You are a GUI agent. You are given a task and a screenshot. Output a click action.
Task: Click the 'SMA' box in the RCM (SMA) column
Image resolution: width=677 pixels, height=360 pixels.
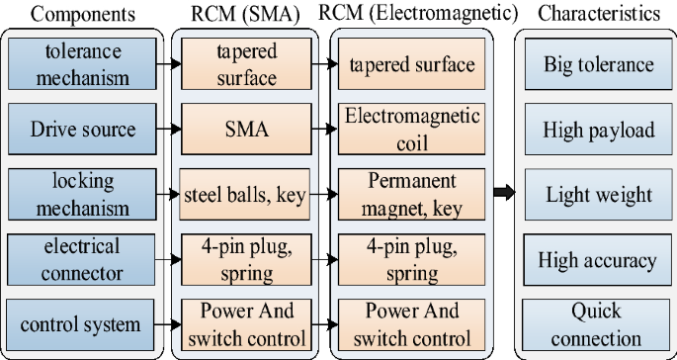pyautogui.click(x=246, y=129)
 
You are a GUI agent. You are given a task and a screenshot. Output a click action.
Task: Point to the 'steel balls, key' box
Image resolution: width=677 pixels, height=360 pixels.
pyautogui.click(x=246, y=194)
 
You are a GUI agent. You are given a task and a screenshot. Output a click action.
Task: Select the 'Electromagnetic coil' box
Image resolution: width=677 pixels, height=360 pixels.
pyautogui.click(x=411, y=129)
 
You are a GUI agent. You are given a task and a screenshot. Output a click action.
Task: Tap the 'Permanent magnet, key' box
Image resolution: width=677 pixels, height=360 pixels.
pyautogui.click(x=411, y=194)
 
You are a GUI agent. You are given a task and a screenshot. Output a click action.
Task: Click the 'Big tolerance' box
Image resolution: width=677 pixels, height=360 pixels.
pyautogui.click(x=598, y=65)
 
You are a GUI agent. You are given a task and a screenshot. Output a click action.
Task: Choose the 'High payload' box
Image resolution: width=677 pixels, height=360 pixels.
pyautogui.click(x=598, y=130)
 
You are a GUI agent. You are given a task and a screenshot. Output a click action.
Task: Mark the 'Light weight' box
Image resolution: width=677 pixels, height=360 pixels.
pyautogui.click(x=598, y=195)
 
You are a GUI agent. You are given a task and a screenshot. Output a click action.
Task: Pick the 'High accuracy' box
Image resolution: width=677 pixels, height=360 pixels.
pyautogui.click(x=598, y=260)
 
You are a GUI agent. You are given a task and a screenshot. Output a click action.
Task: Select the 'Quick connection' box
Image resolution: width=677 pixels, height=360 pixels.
pyautogui.click(x=598, y=324)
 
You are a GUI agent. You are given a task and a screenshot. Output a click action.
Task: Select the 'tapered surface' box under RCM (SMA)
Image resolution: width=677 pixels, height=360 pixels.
pyautogui.click(x=246, y=64)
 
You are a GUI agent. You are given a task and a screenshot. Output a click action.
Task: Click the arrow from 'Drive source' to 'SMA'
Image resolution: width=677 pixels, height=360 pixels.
pyautogui.click(x=171, y=129)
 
